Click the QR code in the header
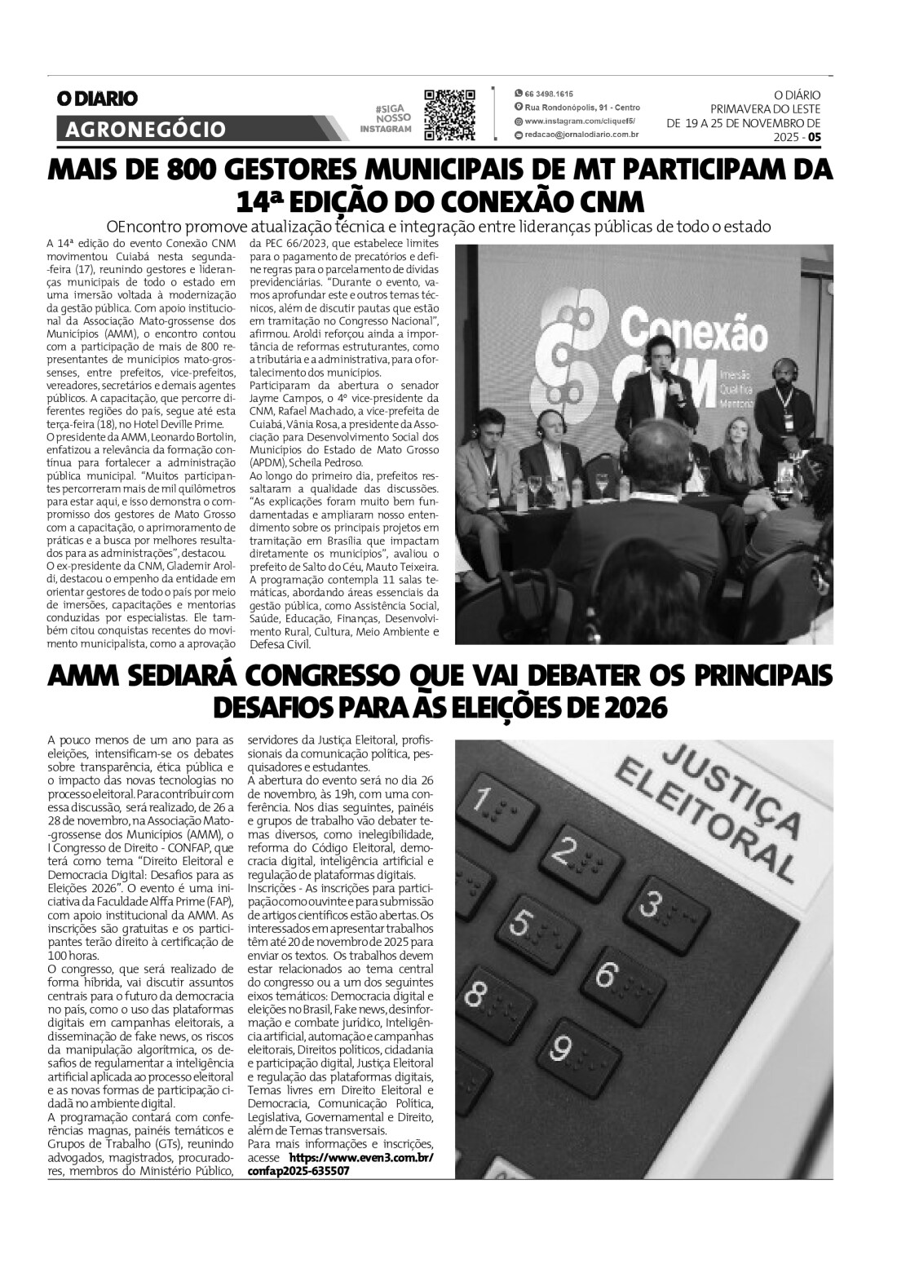click(450, 115)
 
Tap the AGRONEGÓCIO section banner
click(143, 129)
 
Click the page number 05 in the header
click(815, 138)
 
